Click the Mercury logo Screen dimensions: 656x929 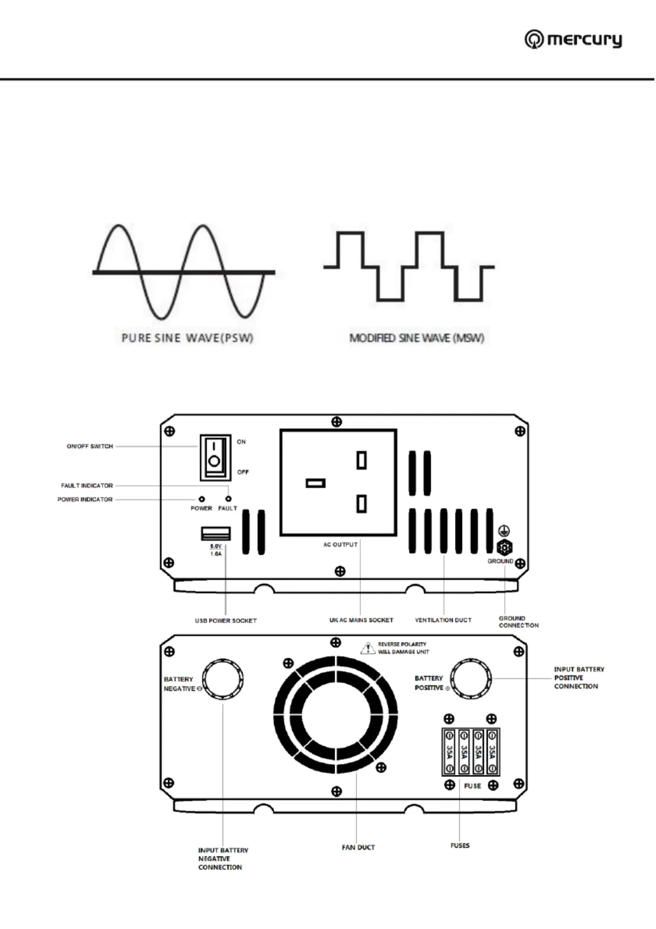coord(573,39)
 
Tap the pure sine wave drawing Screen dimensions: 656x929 coord(183,272)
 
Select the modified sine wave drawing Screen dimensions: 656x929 coord(409,266)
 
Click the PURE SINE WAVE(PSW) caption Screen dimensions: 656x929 coord(187,338)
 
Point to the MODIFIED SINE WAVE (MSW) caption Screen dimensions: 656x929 coord(416,338)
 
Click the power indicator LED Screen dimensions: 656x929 coord(202,499)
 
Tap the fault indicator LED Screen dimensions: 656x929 coord(228,499)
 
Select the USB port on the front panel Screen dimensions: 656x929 coord(216,533)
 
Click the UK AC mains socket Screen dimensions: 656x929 coord(338,482)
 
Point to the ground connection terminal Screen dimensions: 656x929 coord(504,548)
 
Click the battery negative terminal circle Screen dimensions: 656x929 coord(223,680)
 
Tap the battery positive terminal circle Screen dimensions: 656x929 coord(471,678)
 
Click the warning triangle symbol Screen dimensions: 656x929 coord(368,648)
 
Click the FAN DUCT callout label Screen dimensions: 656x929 coord(358,847)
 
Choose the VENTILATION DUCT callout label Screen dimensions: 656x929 coord(443,620)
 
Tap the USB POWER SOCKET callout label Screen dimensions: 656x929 coord(225,621)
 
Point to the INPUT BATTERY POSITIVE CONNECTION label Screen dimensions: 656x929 coord(579,678)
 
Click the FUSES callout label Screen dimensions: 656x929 coord(460,845)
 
